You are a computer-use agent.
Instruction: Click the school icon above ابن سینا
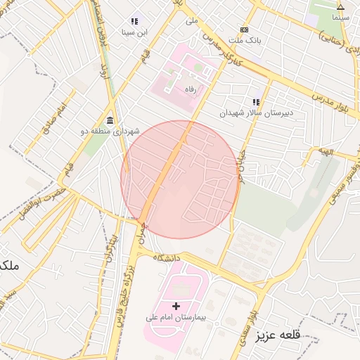click(x=134, y=21)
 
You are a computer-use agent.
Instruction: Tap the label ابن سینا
click(x=134, y=32)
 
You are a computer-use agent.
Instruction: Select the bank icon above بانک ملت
click(x=244, y=30)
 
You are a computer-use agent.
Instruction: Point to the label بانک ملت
click(x=247, y=41)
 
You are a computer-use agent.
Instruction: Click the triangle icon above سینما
click(x=341, y=6)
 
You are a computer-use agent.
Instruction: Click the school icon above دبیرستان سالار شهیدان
click(x=256, y=102)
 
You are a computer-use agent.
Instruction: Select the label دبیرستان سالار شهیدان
click(x=256, y=112)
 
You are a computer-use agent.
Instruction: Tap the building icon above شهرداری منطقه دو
click(x=110, y=120)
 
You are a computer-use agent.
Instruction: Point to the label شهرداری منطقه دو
click(x=111, y=131)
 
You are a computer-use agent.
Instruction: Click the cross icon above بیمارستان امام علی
click(x=176, y=306)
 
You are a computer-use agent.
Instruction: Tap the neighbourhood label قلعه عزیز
click(x=278, y=335)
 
